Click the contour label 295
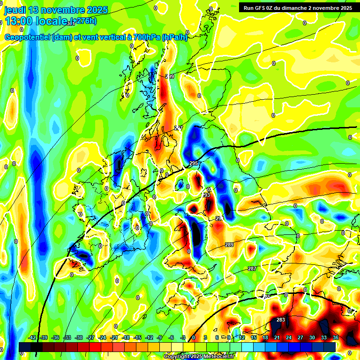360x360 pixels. (194, 163)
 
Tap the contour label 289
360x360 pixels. (229, 245)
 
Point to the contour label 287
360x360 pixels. (252, 269)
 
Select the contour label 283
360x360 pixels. (281, 320)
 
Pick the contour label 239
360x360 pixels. (170, 76)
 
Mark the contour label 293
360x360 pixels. (206, 195)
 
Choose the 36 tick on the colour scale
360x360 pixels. (336, 337)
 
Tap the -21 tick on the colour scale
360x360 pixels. (114, 337)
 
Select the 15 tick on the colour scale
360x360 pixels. (254, 337)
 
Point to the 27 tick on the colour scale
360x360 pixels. (300, 337)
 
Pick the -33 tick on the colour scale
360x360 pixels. (67, 337)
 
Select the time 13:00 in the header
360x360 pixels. (19, 22)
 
